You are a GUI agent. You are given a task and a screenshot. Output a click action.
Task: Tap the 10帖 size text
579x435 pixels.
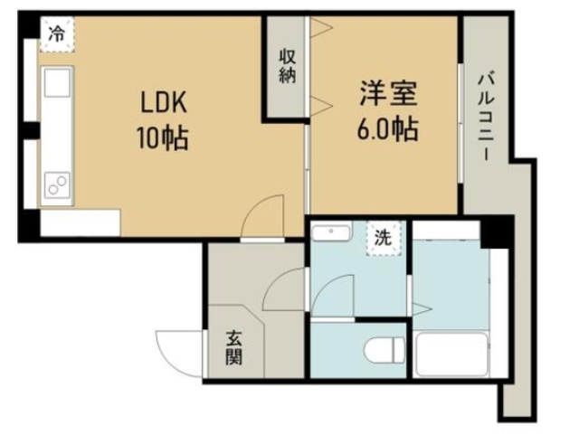coord(164,138)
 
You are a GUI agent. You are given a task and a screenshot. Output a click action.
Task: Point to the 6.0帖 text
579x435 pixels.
coord(387,128)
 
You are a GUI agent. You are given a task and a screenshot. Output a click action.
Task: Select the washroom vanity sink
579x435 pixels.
coord(329,233)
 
